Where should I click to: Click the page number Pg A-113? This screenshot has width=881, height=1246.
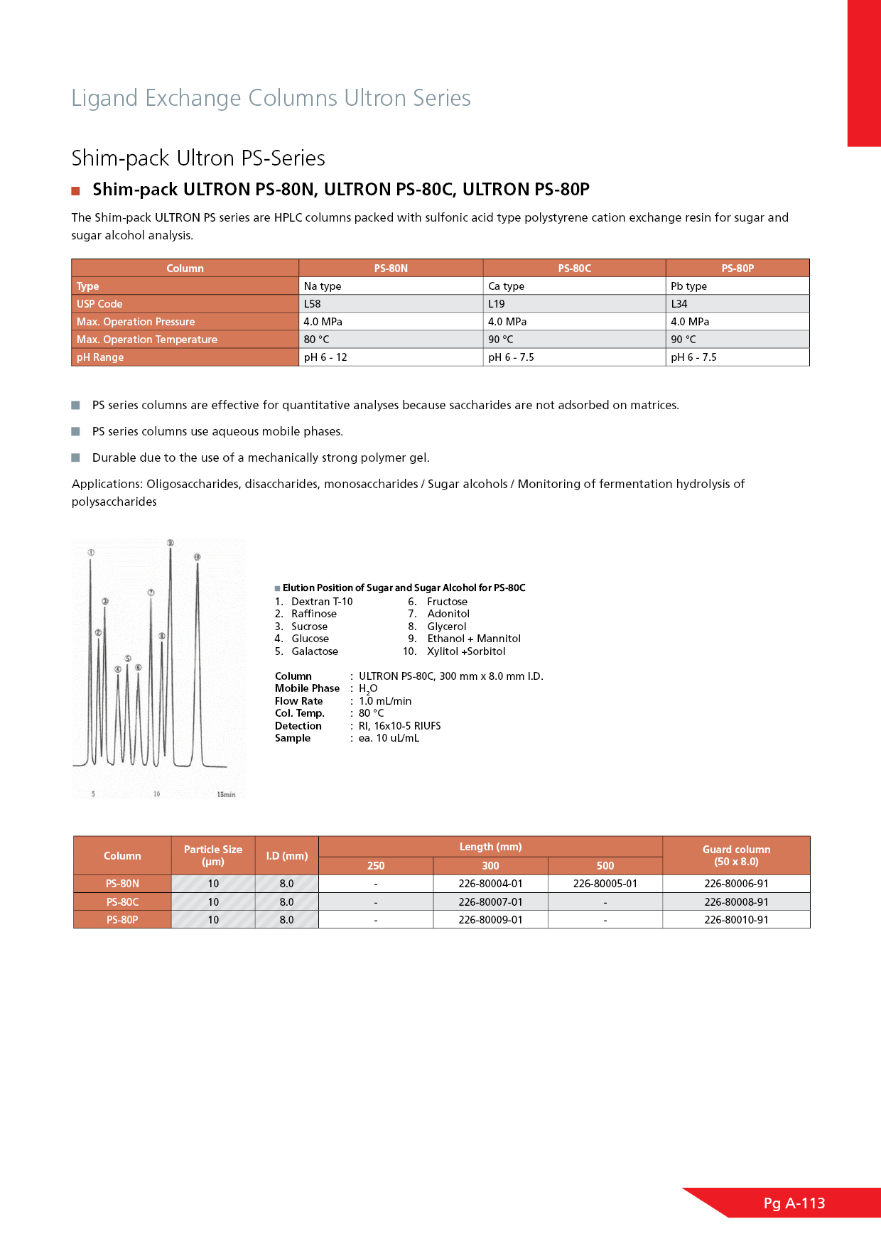coord(794,1203)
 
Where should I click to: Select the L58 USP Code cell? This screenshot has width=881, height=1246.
coord(313,304)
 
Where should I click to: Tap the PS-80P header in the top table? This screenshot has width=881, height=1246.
coord(737,269)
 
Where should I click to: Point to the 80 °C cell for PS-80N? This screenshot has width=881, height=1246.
coord(317,340)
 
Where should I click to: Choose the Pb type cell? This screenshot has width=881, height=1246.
coord(688,286)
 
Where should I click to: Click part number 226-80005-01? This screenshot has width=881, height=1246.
coord(605,884)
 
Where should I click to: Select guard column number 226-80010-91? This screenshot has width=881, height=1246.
coord(736,920)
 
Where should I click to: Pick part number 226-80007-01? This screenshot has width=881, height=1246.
coord(490,902)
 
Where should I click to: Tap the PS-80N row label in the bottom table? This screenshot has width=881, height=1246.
coord(122,884)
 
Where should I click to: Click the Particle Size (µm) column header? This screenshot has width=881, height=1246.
coord(213,855)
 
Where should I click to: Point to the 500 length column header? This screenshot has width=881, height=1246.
coord(605,866)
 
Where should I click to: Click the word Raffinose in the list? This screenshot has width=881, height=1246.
coord(314,614)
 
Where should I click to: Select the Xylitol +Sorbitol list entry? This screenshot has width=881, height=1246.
coord(466,651)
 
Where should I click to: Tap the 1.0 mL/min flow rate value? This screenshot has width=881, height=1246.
coord(385,701)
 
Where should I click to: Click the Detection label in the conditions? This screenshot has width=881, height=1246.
coord(298,726)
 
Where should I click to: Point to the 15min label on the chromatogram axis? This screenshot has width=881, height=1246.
coord(226,794)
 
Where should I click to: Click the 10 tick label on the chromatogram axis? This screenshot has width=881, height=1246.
coord(157,794)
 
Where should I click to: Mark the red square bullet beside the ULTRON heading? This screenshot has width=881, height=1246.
coord(75,190)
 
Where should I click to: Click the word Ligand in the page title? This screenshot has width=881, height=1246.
coord(104,98)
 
